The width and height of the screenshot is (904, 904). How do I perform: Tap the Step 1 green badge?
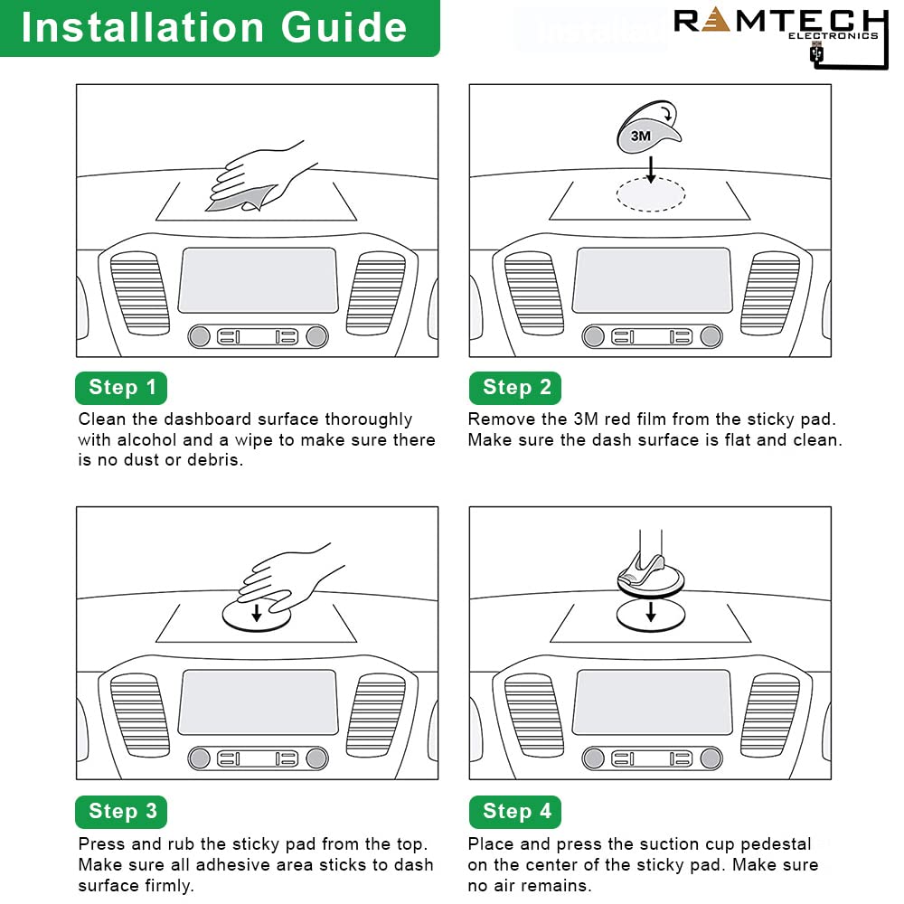pyautogui.click(x=122, y=388)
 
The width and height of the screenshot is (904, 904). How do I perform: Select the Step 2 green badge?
pyautogui.click(x=516, y=388)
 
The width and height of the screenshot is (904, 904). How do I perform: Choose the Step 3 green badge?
pyautogui.click(x=122, y=811)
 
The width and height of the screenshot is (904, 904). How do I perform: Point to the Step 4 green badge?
pyautogui.click(x=516, y=811)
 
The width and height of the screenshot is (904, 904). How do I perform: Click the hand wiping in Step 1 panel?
pyautogui.click(x=262, y=172)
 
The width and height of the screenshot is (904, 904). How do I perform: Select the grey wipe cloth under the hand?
pyautogui.click(x=237, y=201)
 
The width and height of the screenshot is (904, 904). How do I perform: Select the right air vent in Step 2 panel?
pyautogui.click(x=770, y=292)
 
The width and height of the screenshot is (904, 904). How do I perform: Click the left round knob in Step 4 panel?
pyautogui.click(x=593, y=758)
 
